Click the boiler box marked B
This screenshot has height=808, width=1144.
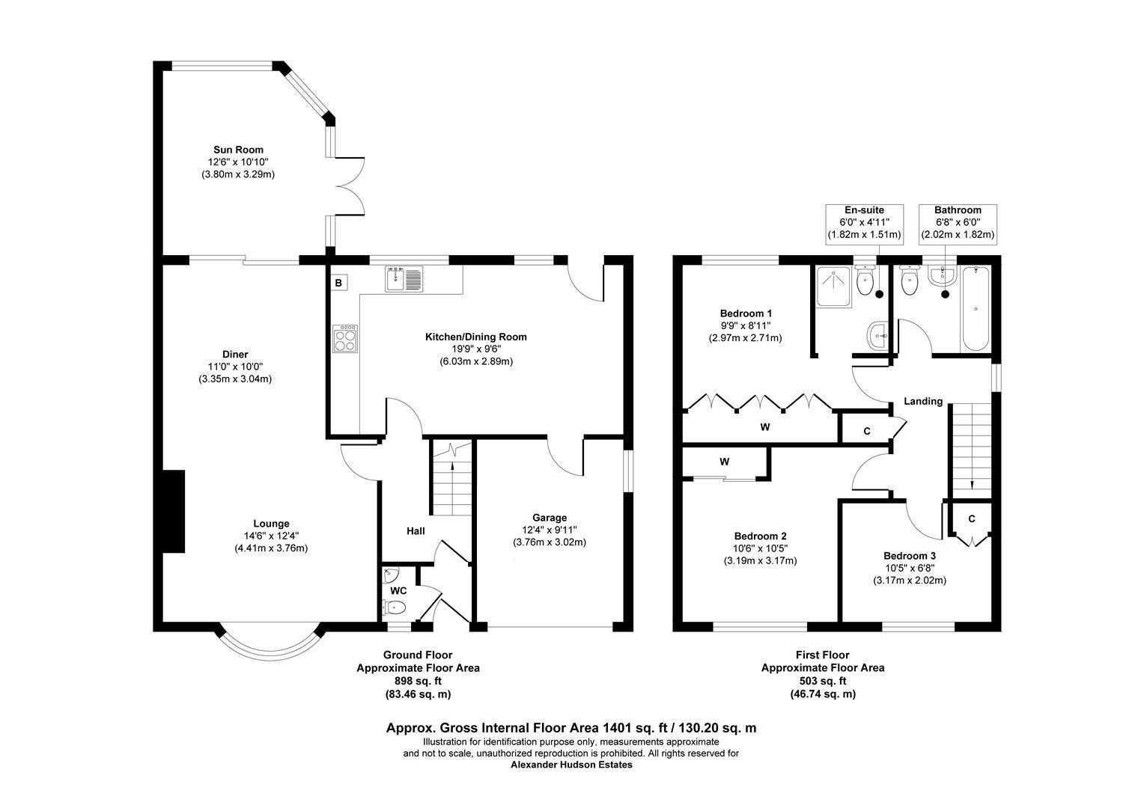coord(338,283)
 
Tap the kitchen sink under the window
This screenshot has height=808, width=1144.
coord(404,278)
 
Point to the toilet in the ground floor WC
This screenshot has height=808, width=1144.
coord(397,607)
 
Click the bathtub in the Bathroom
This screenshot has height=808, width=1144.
coord(976,308)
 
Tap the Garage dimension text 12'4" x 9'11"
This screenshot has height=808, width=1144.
coord(550,530)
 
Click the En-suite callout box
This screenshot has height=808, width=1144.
coord(864,222)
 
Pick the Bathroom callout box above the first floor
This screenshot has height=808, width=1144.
coord(958,222)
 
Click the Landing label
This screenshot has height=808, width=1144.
coord(922,401)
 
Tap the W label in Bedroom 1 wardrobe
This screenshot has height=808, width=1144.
coord(765,427)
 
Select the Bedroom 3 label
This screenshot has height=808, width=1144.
coord(909,556)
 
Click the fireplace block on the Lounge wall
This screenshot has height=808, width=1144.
coord(174,512)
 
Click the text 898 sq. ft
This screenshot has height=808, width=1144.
coord(418,681)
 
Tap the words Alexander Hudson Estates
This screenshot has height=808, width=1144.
coord(571,765)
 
